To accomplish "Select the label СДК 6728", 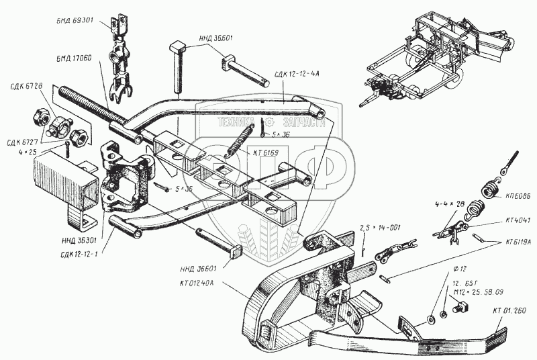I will [x=26, y=86].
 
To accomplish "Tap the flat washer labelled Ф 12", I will [x=429, y=317].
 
